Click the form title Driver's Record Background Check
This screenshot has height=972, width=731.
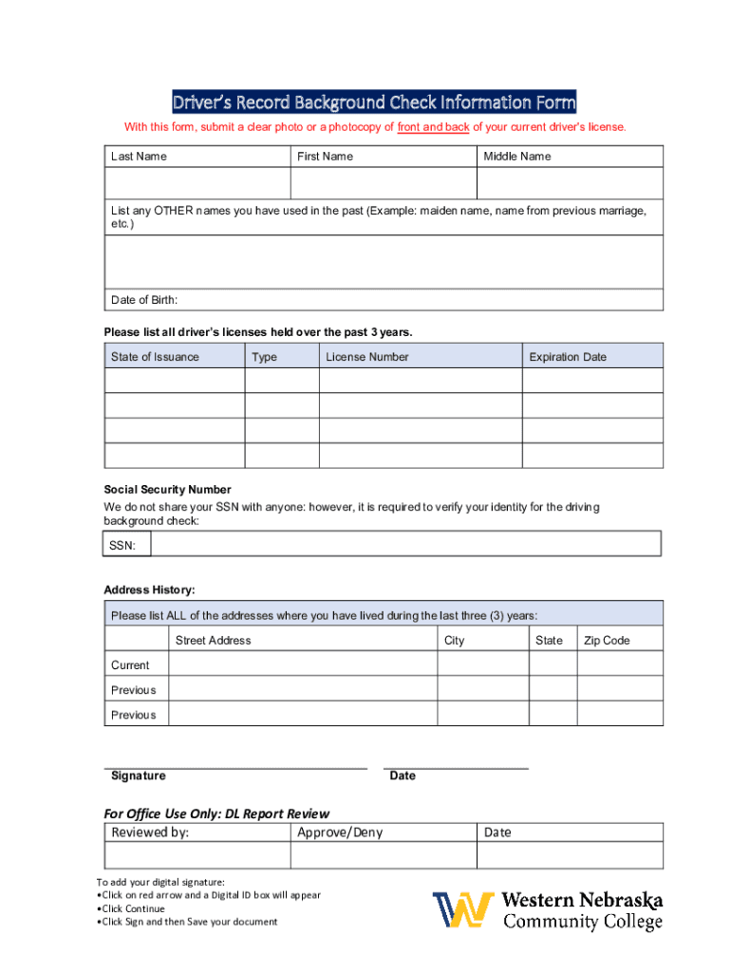tap(373, 103)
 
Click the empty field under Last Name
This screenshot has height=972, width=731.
tap(197, 183)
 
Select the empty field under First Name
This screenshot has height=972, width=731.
tap(383, 183)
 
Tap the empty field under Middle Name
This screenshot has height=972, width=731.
tap(570, 183)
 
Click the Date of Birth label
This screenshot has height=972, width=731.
tap(144, 300)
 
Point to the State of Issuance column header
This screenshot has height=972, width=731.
tap(155, 357)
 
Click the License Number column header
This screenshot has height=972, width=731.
tap(366, 357)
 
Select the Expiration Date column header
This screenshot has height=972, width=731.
tap(568, 357)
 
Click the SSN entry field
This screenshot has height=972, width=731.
tap(405, 544)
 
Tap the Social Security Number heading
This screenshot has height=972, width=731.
tap(167, 490)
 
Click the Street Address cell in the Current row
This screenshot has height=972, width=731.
tap(302, 664)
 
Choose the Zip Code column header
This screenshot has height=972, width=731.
tap(607, 641)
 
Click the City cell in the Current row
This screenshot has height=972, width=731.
tap(482, 664)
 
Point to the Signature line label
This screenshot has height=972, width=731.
tap(139, 776)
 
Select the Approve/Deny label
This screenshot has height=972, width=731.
tap(340, 832)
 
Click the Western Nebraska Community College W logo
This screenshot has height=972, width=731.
tap(463, 909)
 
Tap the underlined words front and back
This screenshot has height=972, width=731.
tap(433, 127)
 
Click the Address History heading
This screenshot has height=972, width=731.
tap(149, 590)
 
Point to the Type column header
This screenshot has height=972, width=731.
tap(264, 357)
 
